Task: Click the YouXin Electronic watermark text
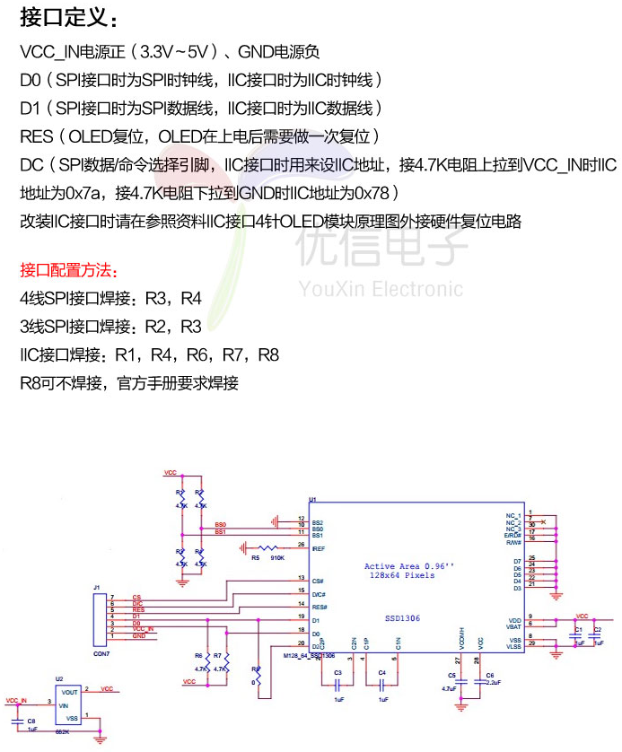click(381, 289)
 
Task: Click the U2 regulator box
click(69, 705)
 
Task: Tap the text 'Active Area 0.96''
click(409, 566)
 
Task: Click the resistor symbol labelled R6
click(208, 661)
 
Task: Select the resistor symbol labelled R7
click(226, 661)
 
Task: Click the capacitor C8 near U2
click(18, 721)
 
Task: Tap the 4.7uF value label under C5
click(450, 688)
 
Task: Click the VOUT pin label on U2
click(71, 692)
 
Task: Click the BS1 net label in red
click(220, 532)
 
